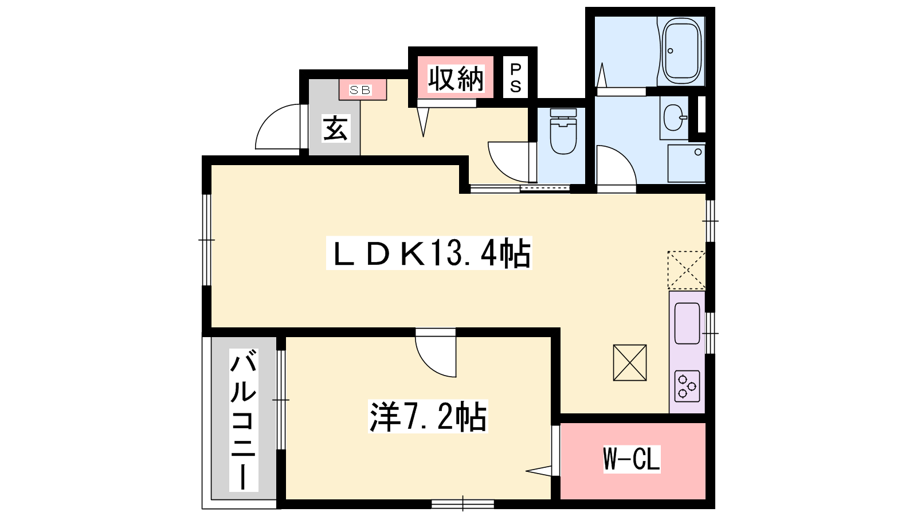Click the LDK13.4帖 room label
click(x=429, y=253)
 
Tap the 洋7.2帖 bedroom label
click(x=428, y=416)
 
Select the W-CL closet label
click(x=632, y=459)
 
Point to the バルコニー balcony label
click(x=244, y=420)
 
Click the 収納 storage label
click(x=456, y=79)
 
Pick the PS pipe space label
click(x=515, y=78)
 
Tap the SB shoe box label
click(x=360, y=90)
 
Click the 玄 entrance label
click(x=336, y=128)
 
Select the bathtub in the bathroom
click(x=681, y=51)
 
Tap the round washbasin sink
click(x=674, y=118)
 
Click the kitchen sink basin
click(x=687, y=323)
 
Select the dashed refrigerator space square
click(x=687, y=270)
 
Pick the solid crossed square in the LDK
click(x=630, y=363)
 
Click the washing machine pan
click(x=687, y=163)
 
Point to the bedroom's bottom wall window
click(x=463, y=504)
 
